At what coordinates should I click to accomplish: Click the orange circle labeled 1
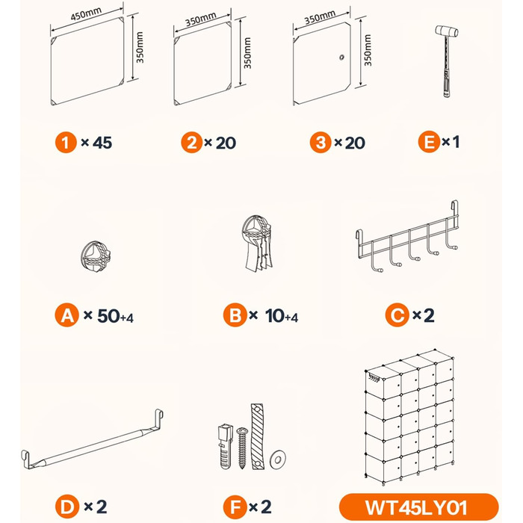[x=66, y=143]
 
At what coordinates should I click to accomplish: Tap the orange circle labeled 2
[x=192, y=143]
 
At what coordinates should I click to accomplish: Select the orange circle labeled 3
[x=321, y=143]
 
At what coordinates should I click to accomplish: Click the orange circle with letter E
[x=429, y=142]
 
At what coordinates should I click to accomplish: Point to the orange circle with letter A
[x=67, y=315]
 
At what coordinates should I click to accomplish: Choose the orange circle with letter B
[x=235, y=315]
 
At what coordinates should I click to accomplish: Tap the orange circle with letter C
[x=397, y=315]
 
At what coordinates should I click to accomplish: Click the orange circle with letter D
[x=67, y=507]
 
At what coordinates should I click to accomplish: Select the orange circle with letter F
[x=235, y=507]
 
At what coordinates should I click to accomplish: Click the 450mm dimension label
[x=86, y=14]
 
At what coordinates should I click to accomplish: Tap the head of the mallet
[x=447, y=31]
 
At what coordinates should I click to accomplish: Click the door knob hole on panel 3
[x=341, y=58]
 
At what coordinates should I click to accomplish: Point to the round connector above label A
[x=96, y=256]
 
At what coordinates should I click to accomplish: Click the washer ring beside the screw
[x=278, y=459]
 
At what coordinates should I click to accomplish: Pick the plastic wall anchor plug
[x=225, y=446]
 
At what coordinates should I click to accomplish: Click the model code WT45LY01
[x=416, y=507]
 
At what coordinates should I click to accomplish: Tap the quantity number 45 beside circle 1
[x=102, y=143]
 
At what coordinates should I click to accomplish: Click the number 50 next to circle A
[x=108, y=315]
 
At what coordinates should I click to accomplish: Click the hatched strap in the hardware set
[x=257, y=436]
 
